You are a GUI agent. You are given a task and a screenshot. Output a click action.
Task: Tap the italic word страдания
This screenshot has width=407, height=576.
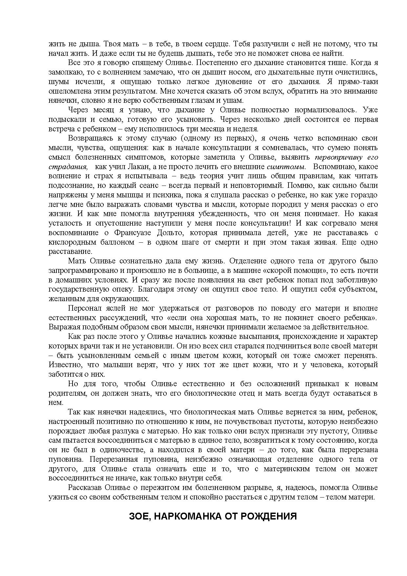pyautogui.click(x=68, y=166)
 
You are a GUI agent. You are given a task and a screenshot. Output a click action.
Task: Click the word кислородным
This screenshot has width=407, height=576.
pyautogui.click(x=70, y=242)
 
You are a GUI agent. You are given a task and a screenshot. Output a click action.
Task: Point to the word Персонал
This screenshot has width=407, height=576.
pyautogui.click(x=82, y=308)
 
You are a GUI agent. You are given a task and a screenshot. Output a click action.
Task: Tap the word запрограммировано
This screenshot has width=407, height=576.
pyautogui.click(x=81, y=271)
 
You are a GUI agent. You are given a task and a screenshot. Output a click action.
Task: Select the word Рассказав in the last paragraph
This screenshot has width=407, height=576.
pyautogui.click(x=83, y=488)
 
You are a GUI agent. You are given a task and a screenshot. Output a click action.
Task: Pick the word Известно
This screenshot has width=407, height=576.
pyautogui.click(x=62, y=365)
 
